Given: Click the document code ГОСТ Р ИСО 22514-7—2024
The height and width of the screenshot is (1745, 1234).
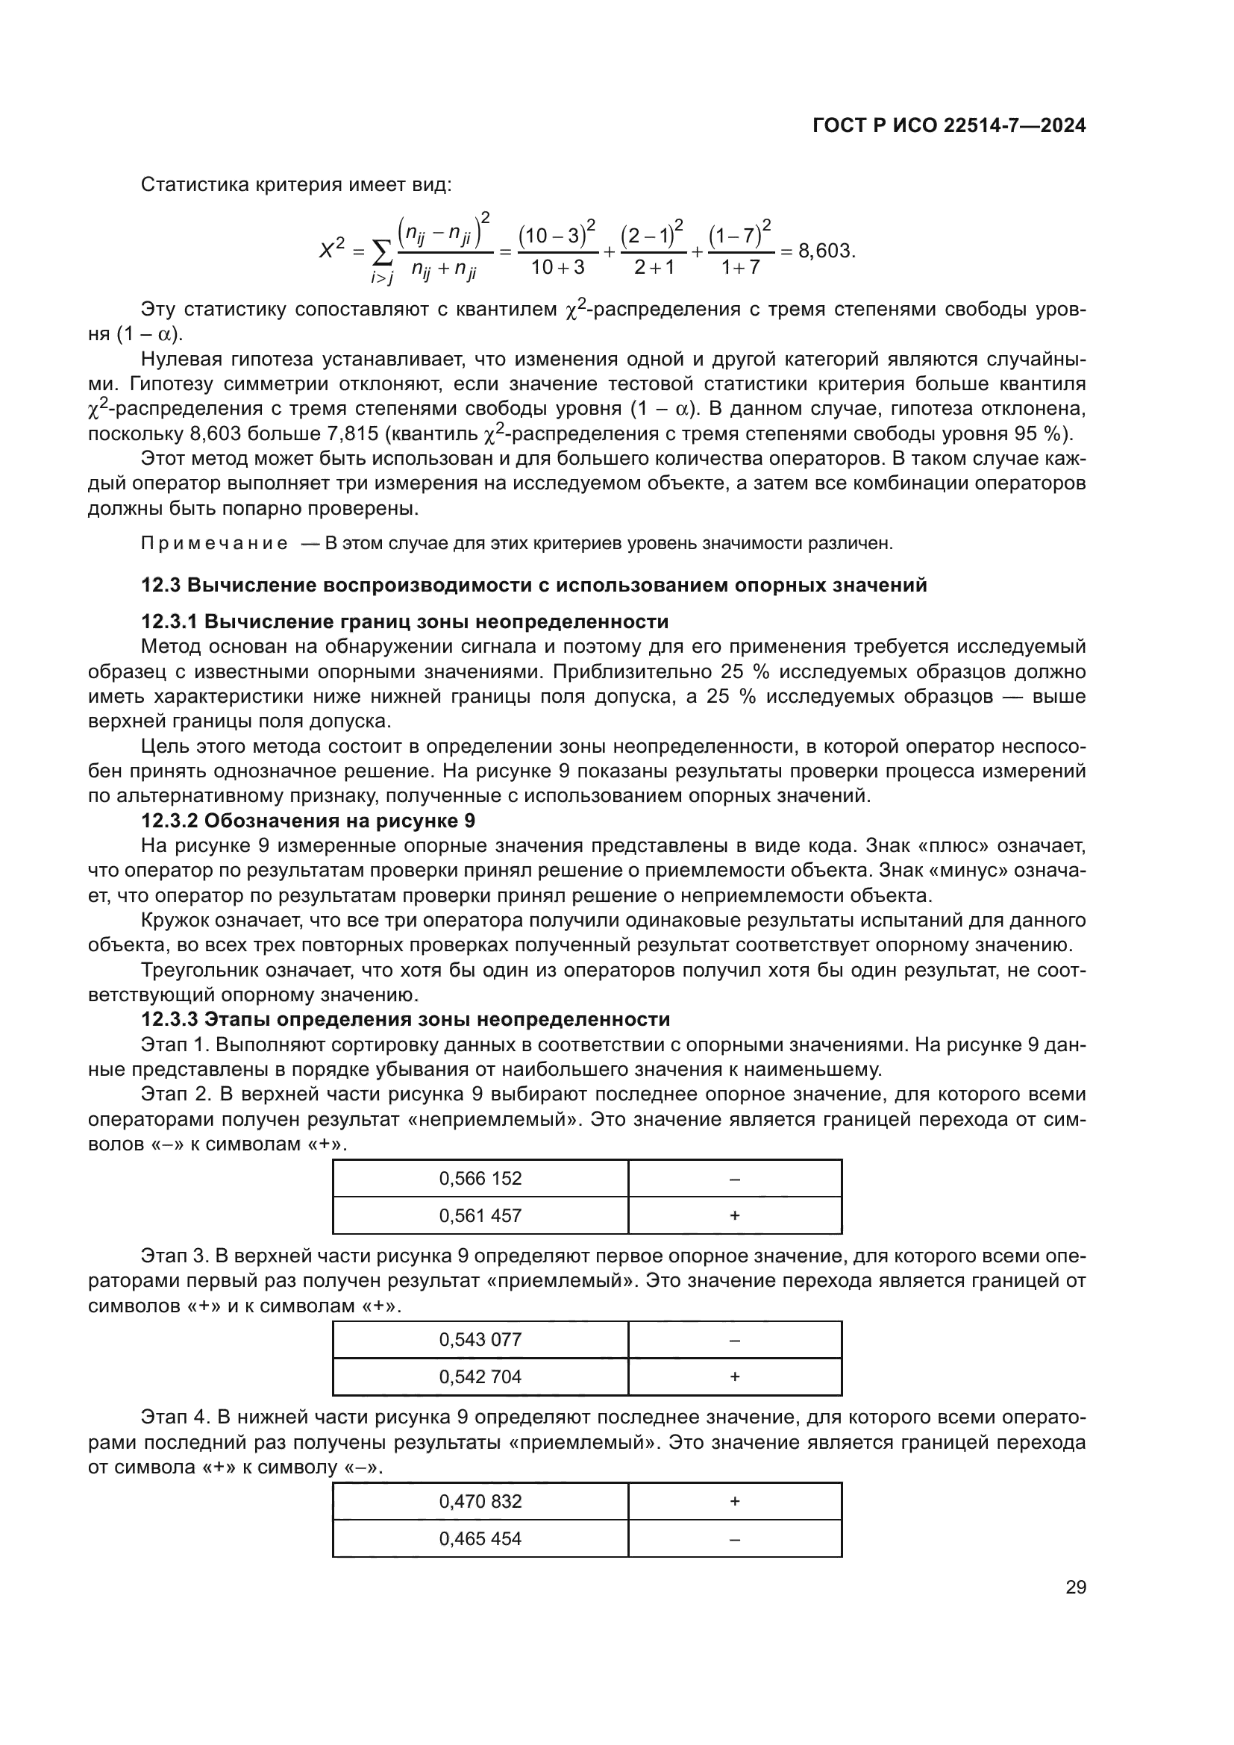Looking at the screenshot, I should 949,126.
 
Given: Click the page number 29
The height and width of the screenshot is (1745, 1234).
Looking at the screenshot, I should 1075,1588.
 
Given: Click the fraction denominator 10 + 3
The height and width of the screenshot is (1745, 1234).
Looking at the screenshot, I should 558,268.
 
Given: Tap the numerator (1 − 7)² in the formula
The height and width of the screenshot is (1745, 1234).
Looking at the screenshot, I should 740,234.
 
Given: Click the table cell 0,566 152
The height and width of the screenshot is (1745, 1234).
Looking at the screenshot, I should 480,1179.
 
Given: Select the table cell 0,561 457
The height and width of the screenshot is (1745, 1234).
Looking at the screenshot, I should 480,1215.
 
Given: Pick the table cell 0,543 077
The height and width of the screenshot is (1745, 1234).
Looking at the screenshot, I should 480,1340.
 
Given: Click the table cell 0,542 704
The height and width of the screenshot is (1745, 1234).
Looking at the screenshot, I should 480,1376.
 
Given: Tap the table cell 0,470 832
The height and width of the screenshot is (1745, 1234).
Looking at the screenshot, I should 480,1501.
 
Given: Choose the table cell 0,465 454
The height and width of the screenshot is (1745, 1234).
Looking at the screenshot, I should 480,1538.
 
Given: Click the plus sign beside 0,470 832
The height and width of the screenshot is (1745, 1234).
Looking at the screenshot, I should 735,1501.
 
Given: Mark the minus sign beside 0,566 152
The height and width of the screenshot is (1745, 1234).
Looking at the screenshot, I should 735,1179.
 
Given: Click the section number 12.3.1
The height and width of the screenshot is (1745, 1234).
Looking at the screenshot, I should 169,621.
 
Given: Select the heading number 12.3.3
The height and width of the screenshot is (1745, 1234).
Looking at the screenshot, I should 169,1019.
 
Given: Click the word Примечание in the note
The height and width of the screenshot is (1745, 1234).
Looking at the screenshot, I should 214,543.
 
